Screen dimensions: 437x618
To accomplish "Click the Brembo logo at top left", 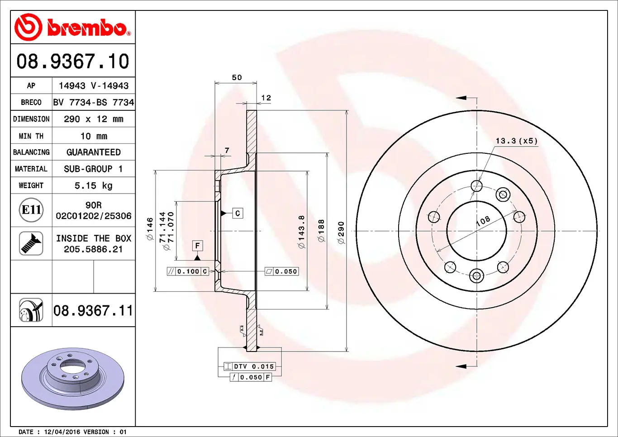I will tap(72, 27).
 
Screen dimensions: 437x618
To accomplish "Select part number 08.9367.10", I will tap(73, 61).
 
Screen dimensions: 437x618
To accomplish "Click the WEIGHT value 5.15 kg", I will tap(93, 185).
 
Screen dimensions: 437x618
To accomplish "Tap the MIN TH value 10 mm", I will tap(93, 136).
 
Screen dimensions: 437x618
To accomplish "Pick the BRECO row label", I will tap(31, 102).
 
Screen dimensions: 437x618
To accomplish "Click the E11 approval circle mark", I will tap(31, 210).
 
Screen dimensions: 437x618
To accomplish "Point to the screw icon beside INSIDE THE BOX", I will tap(31, 243).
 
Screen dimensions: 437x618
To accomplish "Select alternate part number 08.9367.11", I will tap(93, 311).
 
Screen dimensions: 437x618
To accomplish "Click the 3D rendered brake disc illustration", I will tap(72, 378).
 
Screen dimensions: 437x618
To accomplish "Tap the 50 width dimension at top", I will tap(237, 78).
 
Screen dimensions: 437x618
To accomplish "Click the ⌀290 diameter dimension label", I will tap(341, 233).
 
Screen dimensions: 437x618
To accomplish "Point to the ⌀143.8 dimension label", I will tap(301, 232).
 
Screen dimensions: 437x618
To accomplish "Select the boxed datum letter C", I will tap(238, 213).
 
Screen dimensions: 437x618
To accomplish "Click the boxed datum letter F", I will tap(197, 246).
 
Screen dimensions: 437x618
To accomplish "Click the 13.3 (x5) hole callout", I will tap(516, 141).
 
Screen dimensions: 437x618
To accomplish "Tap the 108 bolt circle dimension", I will tap(483, 221).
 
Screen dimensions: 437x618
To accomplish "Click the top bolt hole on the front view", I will tap(476, 186).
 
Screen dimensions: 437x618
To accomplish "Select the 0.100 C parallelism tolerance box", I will tap(188, 271).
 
